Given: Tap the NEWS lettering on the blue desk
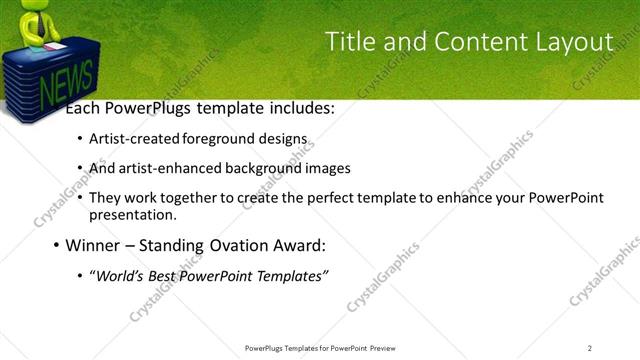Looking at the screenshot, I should tap(66, 86).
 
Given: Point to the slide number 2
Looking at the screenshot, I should tap(590, 347).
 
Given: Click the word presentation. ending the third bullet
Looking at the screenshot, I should tap(133, 214).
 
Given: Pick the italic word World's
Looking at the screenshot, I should tap(119, 275).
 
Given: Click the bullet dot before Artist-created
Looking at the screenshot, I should tap(80, 140).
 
